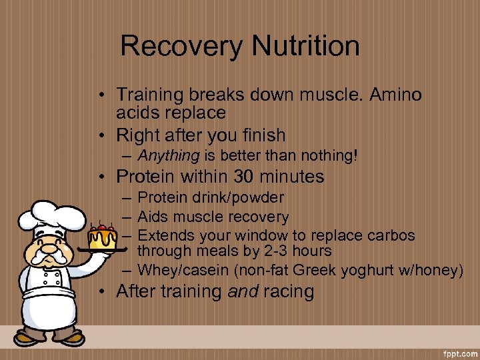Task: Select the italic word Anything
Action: (169, 156)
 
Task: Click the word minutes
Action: (291, 177)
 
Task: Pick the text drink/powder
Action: (241, 198)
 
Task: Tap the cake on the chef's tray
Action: (103, 237)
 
